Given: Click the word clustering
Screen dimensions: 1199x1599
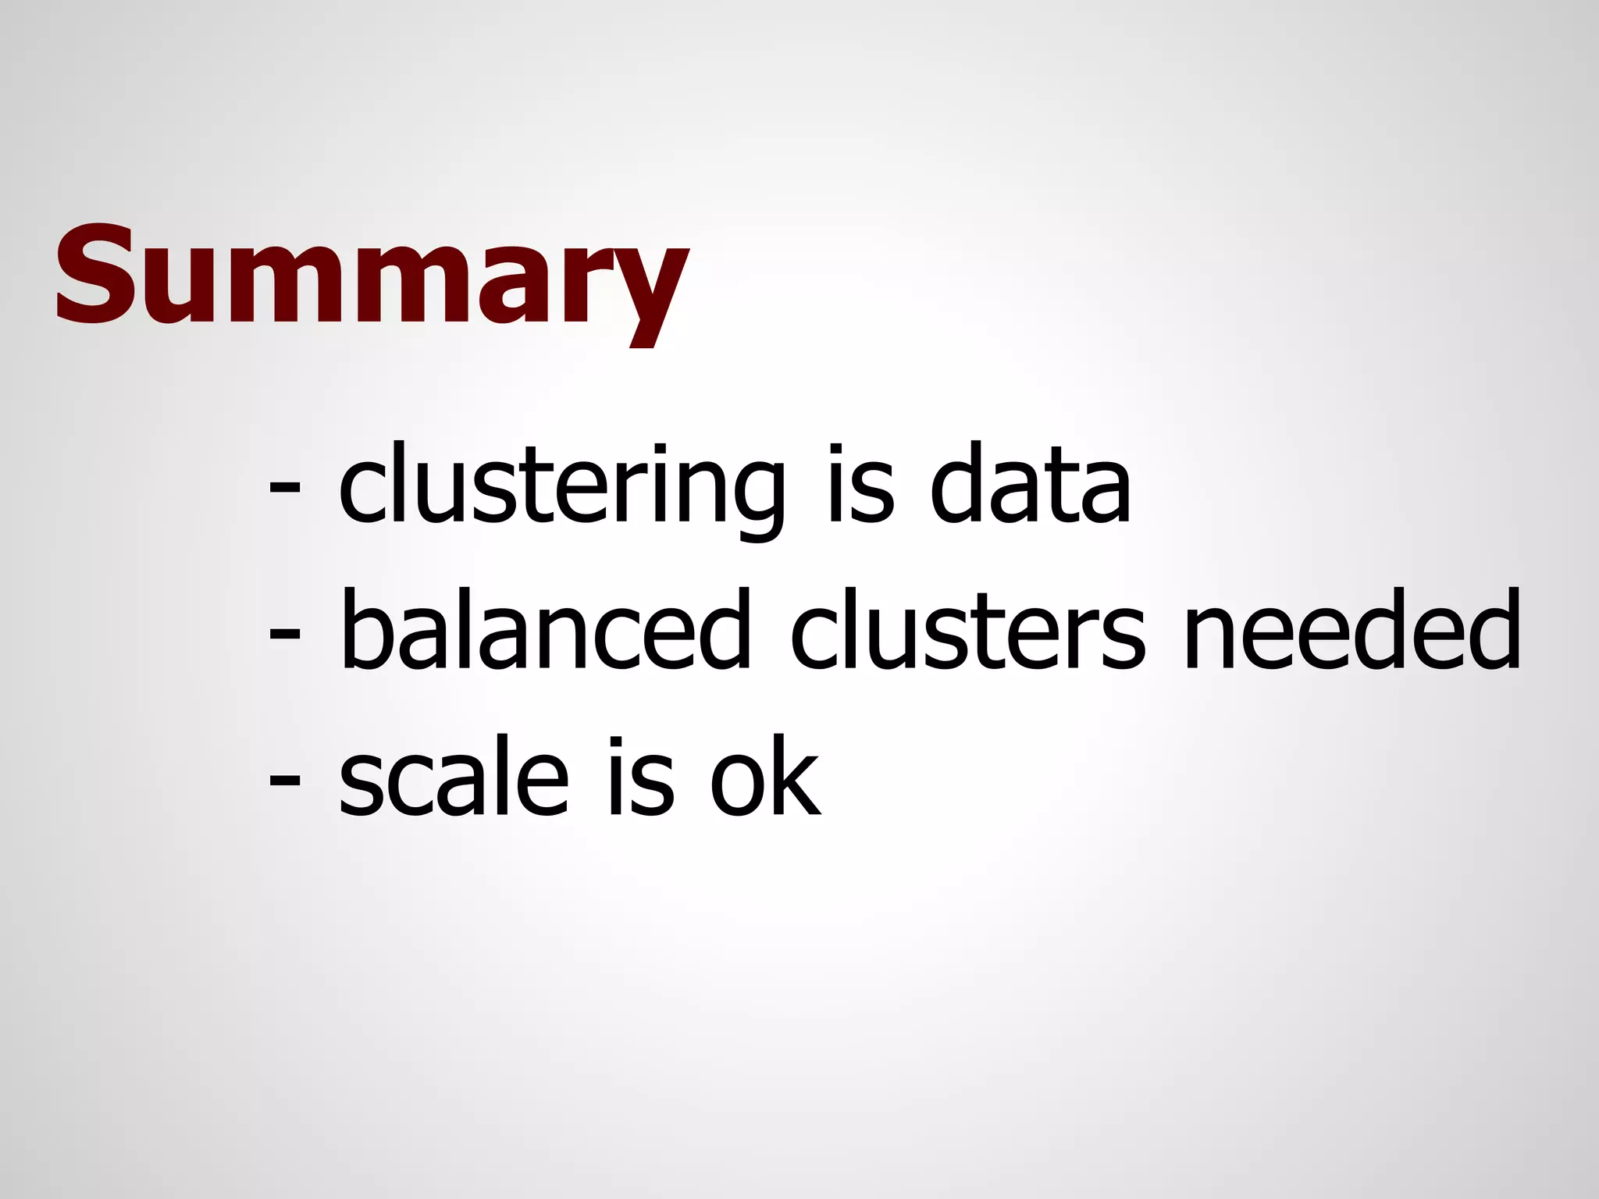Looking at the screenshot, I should [x=561, y=488].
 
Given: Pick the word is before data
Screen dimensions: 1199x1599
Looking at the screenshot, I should [x=859, y=488].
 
